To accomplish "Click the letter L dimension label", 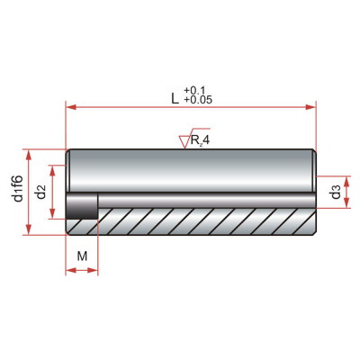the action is (x=175, y=98).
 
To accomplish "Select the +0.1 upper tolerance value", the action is (x=194, y=90).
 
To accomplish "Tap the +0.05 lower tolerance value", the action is (x=198, y=100).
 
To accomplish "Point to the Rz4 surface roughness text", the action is (x=200, y=140).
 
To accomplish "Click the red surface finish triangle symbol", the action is (x=184, y=141).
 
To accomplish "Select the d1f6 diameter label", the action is (x=18, y=188).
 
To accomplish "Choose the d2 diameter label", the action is (x=40, y=193).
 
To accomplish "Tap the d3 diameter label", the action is (x=336, y=192).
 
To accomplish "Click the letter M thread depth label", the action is (x=82, y=256).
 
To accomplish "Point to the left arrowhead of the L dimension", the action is (x=70, y=107).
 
